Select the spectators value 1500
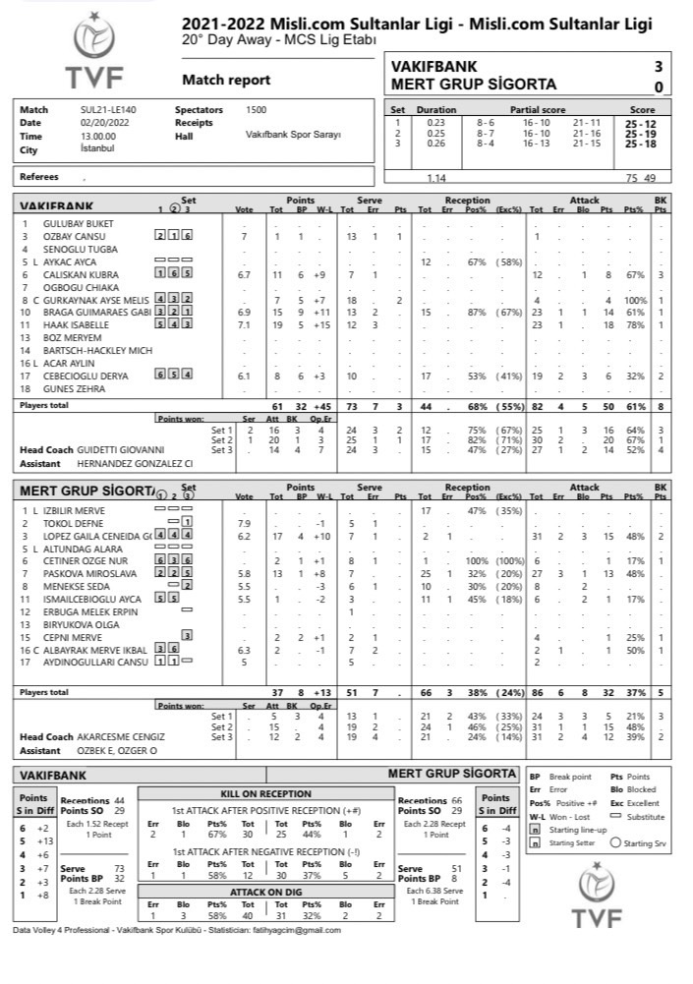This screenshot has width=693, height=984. pyautogui.click(x=256, y=110)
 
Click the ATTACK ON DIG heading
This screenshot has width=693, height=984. pyautogui.click(x=260, y=891)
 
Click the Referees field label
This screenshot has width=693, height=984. pyautogui.click(x=39, y=177)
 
